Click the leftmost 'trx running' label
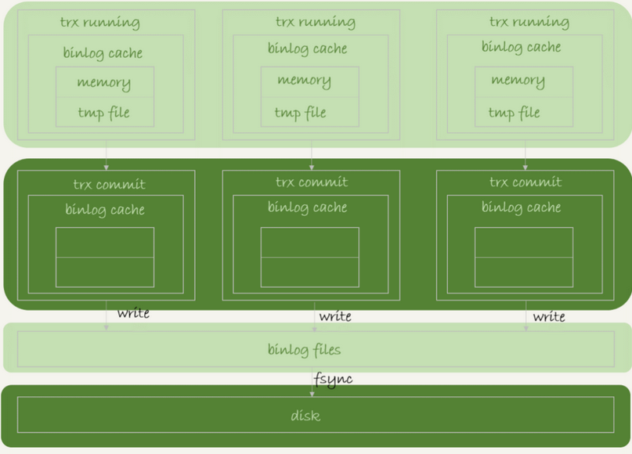[99, 23]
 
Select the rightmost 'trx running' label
[529, 22]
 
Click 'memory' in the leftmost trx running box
[103, 82]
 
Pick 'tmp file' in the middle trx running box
[300, 113]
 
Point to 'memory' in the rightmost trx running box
[518, 80]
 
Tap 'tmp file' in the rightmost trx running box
[514, 113]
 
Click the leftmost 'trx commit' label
[109, 185]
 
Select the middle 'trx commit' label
[311, 182]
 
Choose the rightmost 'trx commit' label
[525, 182]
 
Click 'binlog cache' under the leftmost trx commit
[105, 210]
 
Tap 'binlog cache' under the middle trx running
[307, 49]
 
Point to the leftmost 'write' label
[133, 314]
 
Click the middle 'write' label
[335, 316]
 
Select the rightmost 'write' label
[549, 316]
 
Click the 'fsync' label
[333, 379]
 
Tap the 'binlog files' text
[304, 349]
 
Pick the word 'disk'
[305, 415]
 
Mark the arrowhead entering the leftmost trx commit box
[106, 167]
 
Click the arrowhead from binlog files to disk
[312, 394]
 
